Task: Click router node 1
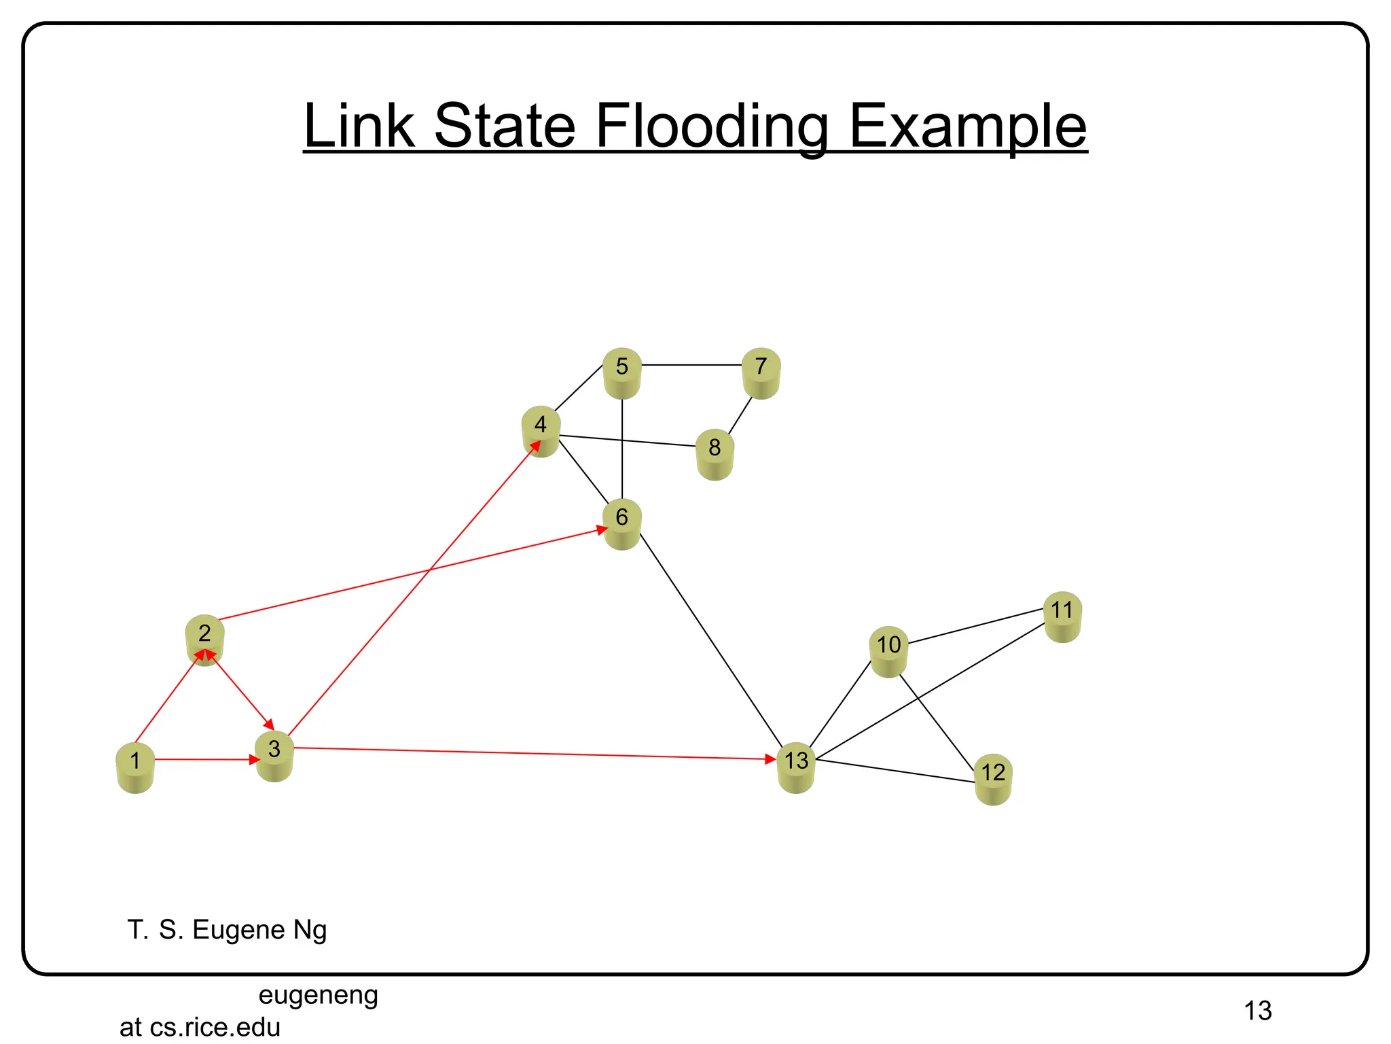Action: [x=135, y=767]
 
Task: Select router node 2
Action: [x=204, y=640]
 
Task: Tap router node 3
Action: [x=274, y=756]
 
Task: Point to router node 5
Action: [x=622, y=373]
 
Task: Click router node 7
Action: [x=761, y=373]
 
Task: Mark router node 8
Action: [x=715, y=454]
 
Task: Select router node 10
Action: [x=888, y=651]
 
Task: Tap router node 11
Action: [x=1062, y=616]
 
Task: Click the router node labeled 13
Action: [x=796, y=767]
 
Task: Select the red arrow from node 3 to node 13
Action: [x=530, y=753]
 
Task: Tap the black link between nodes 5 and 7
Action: [x=691, y=365]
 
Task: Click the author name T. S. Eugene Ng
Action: [x=227, y=929]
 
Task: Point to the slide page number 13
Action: [x=1258, y=1011]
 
